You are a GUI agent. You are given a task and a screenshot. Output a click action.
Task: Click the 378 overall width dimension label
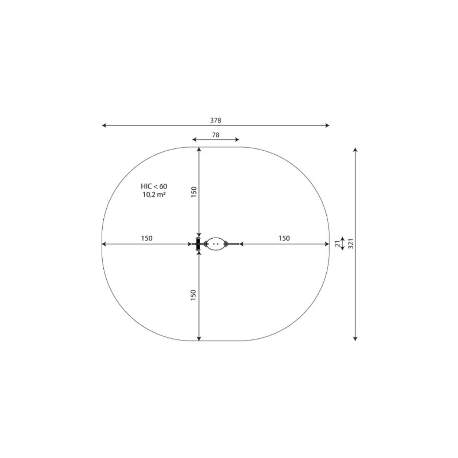pos(216,120)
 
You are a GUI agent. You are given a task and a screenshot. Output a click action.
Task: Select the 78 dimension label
pos(216,135)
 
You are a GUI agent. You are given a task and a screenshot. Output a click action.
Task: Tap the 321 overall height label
pos(351,244)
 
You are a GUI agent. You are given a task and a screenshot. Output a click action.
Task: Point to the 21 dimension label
pos(338,244)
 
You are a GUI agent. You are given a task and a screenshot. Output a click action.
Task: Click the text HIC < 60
pos(154,186)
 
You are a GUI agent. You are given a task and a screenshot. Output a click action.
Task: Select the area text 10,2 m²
pos(154,194)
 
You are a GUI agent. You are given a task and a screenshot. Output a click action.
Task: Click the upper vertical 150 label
pos(194,192)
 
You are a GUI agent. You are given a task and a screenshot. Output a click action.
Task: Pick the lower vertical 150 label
pos(193,295)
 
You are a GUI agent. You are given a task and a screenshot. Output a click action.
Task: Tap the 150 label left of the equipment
pos(147,238)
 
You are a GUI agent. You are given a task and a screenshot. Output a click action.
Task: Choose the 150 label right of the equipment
pos(284,238)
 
